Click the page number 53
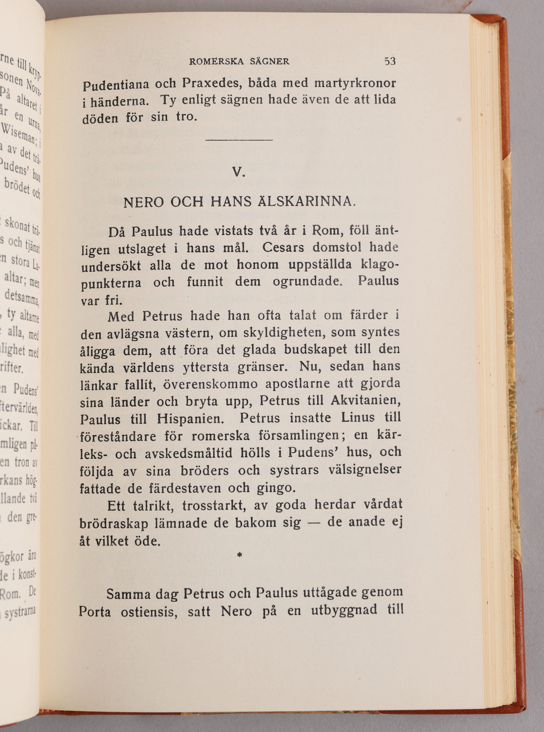tap(390, 61)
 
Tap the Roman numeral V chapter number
tap(238, 172)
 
